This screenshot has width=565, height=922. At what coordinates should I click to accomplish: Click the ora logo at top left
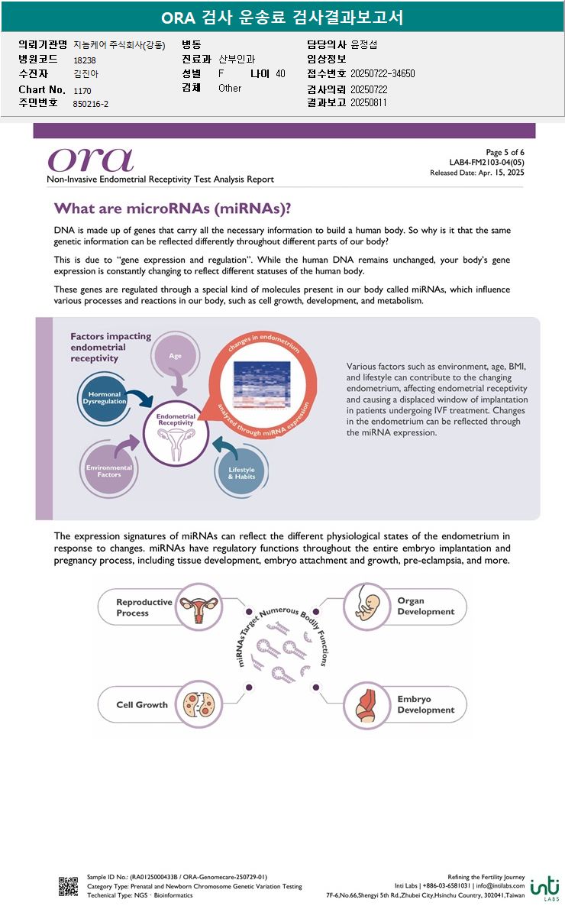90,159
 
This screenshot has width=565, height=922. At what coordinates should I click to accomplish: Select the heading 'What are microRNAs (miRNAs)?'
173,209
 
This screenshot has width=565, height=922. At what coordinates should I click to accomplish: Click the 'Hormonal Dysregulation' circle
105,397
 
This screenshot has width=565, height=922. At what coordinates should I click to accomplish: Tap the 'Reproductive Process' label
144,607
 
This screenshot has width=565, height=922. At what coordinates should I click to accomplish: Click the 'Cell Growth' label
141,704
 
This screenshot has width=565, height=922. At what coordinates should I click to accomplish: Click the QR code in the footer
68,886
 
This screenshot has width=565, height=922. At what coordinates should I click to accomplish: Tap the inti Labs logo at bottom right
545,888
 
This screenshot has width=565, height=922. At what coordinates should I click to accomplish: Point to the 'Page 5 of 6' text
505,153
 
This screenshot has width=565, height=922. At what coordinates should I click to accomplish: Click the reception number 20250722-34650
383,74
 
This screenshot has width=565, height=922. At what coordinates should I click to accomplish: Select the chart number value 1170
82,90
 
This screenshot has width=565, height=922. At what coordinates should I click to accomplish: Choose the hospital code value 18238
85,60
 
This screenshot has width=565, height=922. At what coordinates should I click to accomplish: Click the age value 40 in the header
280,74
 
